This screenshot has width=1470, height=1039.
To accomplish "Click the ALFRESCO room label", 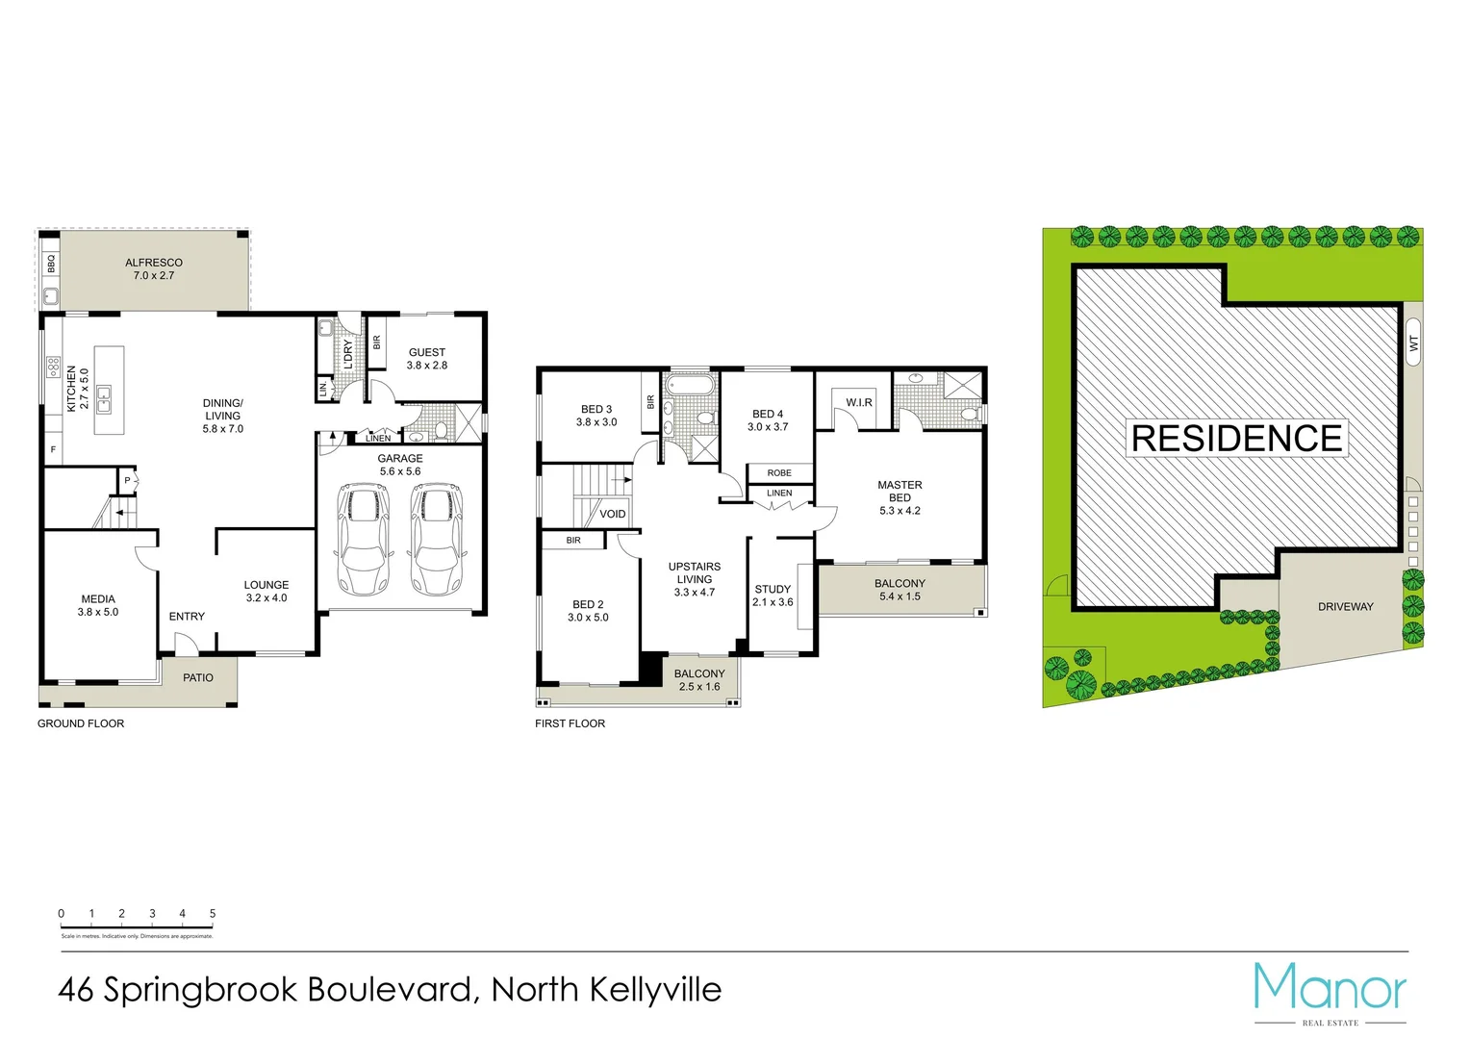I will [x=154, y=263].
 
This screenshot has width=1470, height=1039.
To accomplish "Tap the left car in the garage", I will [x=364, y=540].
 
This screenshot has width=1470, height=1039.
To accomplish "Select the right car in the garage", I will [x=436, y=540].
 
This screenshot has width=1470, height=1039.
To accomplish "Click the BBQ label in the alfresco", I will [x=51, y=263].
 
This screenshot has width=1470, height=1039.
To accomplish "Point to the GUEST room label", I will [x=427, y=352].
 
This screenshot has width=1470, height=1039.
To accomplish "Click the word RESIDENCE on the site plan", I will [x=1236, y=439].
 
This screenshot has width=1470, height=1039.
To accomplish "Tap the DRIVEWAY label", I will [x=1345, y=607].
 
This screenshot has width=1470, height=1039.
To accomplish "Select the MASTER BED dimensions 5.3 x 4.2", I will [x=900, y=511].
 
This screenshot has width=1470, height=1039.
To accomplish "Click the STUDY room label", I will [x=773, y=589].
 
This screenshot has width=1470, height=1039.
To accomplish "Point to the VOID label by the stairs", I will [x=613, y=514].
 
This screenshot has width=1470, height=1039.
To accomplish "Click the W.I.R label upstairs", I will [x=859, y=402].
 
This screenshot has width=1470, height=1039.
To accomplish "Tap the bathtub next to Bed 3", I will [x=691, y=386].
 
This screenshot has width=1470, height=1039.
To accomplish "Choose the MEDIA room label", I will [x=98, y=598].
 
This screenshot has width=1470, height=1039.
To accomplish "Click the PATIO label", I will [x=198, y=678].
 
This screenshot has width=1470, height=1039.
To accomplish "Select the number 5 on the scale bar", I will [x=213, y=914].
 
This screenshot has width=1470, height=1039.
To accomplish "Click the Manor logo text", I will [x=1330, y=989].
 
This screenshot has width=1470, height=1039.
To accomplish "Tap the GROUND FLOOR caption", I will [x=81, y=723].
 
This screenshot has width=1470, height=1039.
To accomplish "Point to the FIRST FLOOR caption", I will [x=570, y=723].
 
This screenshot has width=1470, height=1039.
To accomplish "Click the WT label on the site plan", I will [x=1413, y=342].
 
